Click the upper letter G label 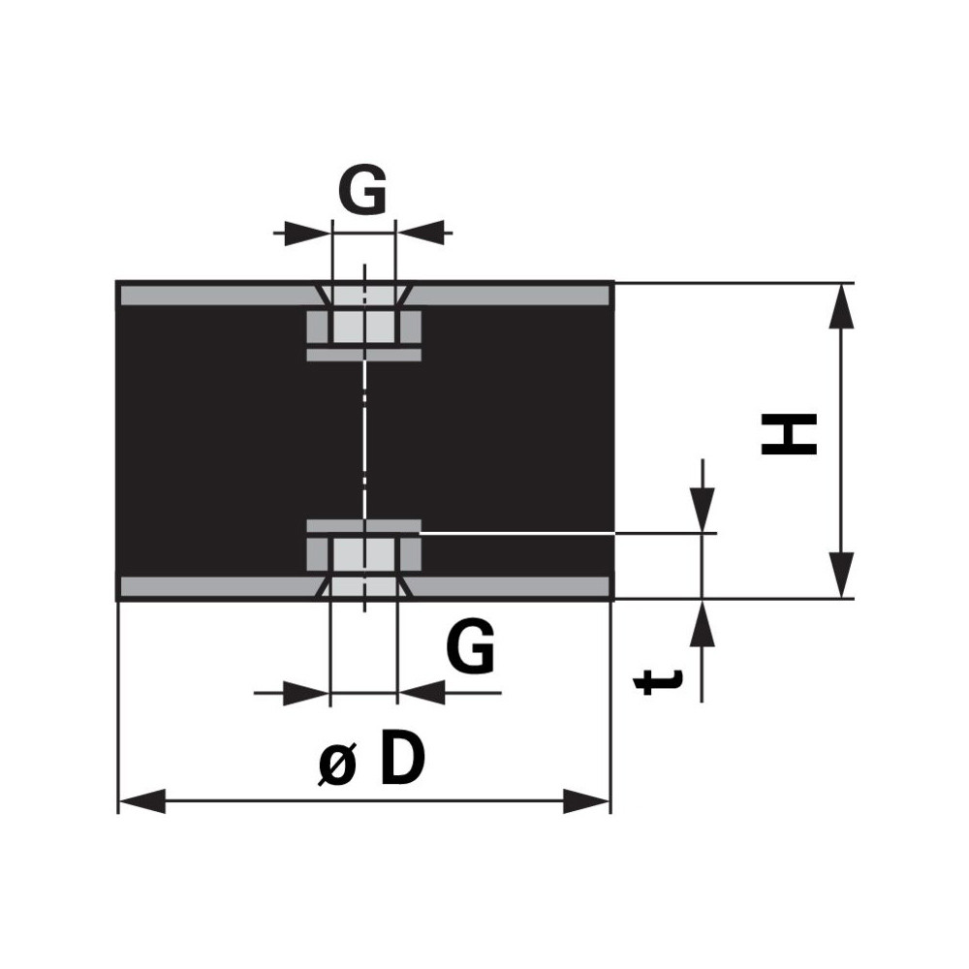(x=362, y=189)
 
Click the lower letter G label (x=470, y=646)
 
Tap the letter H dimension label (x=789, y=434)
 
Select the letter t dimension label (x=659, y=681)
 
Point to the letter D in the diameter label (x=402, y=757)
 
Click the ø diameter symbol (x=338, y=766)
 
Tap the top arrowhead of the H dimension (x=841, y=306)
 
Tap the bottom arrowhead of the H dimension (x=841, y=576)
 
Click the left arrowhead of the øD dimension (x=141, y=801)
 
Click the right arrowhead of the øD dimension (x=586, y=801)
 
